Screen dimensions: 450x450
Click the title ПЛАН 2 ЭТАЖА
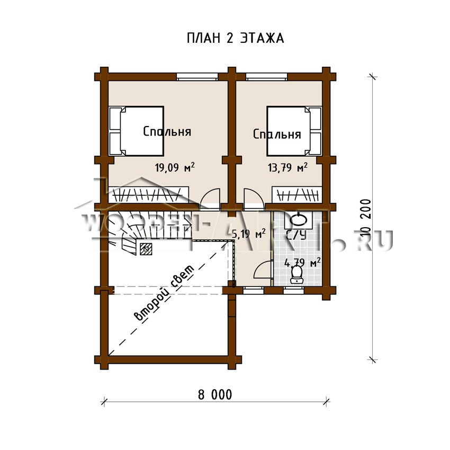coord(236,38)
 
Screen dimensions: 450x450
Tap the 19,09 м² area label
coord(175,167)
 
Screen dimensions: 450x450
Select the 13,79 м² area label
coord(287,167)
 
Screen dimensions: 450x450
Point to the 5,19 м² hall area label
coord(248,234)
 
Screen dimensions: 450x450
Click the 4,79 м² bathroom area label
coord(302,262)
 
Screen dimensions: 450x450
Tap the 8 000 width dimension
coord(215,395)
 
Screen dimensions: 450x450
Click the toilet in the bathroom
coord(297,275)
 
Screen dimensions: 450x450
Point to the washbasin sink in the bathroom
coord(299,220)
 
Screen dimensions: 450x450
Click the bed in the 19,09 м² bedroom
coord(137,131)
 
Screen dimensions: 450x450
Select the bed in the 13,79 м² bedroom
coord(294,131)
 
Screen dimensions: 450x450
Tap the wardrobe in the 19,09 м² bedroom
coord(148,195)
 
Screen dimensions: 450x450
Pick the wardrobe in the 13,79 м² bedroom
coord(297,195)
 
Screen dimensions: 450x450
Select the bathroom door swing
coord(263,269)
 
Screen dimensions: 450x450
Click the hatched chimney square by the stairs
coord(146,249)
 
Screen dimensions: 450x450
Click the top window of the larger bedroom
coord(197,77)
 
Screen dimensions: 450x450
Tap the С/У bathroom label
coord(296,235)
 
